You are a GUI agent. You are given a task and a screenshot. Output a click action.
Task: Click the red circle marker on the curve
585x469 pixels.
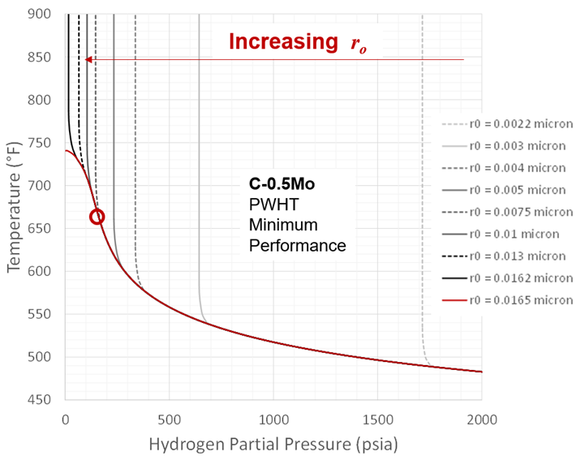97,217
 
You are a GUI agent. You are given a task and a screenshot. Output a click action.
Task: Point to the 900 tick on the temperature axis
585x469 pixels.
41,15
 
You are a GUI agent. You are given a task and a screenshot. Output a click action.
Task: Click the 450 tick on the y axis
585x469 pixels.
41,400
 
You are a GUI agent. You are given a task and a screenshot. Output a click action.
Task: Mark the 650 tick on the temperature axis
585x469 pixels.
41,229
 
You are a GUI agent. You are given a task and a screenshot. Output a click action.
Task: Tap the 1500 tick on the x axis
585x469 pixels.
377,420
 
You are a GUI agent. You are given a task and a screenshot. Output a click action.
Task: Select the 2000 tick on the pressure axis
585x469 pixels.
481,420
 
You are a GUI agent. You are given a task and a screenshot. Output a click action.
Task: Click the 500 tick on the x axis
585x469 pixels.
169,420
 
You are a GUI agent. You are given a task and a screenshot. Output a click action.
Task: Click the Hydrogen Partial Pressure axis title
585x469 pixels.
273,446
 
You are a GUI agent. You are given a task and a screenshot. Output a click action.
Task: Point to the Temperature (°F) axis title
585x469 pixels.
15,207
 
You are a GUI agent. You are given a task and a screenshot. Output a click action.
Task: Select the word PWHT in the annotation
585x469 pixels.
269,204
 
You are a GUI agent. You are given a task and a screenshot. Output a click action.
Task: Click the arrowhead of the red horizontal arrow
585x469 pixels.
88,59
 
